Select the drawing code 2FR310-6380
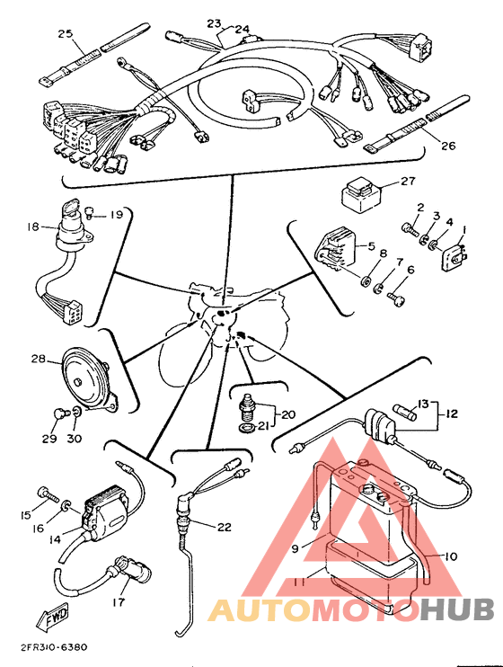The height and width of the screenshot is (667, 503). click(x=54, y=647)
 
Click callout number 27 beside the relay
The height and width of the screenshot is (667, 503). click(x=407, y=182)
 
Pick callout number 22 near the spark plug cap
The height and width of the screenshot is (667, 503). click(x=224, y=527)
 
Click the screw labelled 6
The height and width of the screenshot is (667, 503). click(x=396, y=297)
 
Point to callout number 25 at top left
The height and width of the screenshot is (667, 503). click(x=65, y=33)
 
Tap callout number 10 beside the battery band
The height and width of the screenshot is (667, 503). click(x=451, y=556)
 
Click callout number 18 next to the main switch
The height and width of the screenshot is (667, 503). click(x=33, y=227)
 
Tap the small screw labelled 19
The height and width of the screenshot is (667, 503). click(x=89, y=211)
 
